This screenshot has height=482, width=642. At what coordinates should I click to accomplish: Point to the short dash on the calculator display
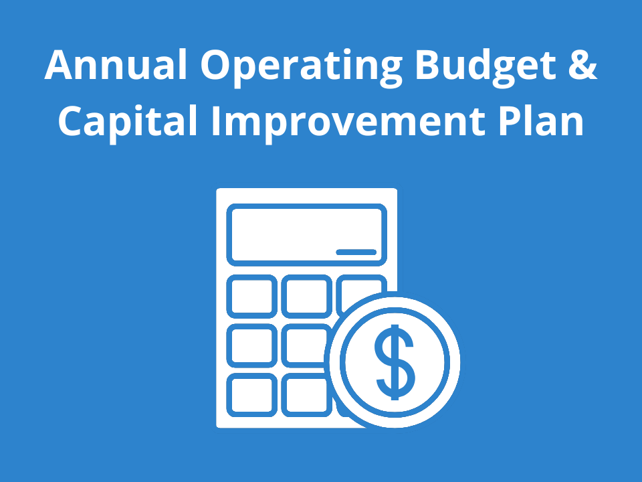[356, 252]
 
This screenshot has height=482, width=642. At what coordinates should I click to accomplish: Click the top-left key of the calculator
[251, 296]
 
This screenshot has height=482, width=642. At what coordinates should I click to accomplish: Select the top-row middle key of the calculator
[306, 296]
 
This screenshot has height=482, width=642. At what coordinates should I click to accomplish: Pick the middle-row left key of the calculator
[251, 345]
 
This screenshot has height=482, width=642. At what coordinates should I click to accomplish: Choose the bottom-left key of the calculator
[251, 394]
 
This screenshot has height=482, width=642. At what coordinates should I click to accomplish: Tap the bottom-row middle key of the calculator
[305, 394]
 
